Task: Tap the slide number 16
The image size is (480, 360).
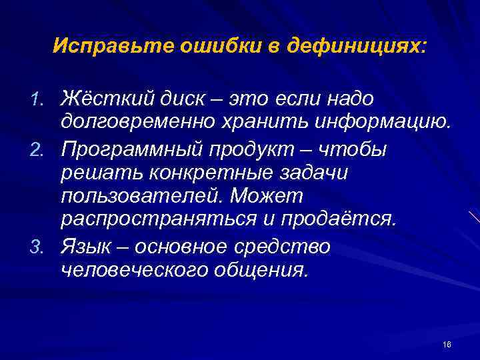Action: tap(446, 344)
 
